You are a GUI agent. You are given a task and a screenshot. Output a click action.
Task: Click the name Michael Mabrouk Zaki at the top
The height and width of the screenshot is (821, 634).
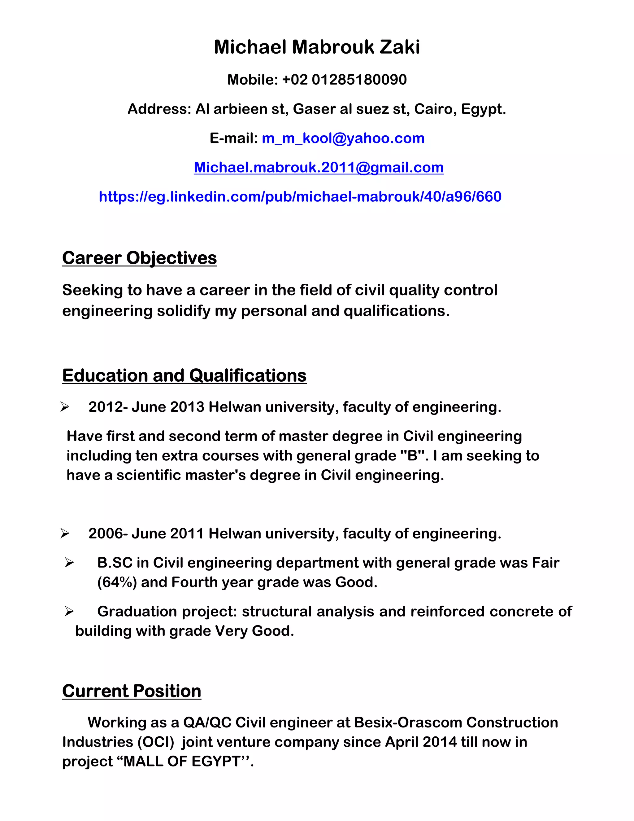pyautogui.click(x=317, y=47)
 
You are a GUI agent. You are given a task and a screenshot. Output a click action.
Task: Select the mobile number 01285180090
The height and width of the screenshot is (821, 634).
pyautogui.click(x=359, y=80)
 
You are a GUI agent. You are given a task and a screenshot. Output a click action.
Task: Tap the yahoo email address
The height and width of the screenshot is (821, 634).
pyautogui.click(x=343, y=138)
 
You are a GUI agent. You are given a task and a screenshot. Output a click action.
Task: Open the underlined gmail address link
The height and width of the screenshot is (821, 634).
pyautogui.click(x=319, y=168)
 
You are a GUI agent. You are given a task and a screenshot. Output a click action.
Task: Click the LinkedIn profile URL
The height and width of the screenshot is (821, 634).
pyautogui.click(x=300, y=197)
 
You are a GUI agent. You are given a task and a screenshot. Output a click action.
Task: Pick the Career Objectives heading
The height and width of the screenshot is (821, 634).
pyautogui.click(x=139, y=258)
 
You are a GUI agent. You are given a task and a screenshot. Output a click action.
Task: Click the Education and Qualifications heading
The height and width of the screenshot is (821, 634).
pyautogui.click(x=184, y=375)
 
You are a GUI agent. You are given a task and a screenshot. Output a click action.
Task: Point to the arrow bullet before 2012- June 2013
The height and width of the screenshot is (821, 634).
pyautogui.click(x=65, y=407)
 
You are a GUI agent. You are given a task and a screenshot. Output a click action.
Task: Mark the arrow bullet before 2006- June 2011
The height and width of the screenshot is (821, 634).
pyautogui.click(x=65, y=534)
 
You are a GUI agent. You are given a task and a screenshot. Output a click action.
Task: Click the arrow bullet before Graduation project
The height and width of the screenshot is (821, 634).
pyautogui.click(x=69, y=612)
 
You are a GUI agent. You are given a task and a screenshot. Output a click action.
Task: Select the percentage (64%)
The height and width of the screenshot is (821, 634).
pyautogui.click(x=117, y=582)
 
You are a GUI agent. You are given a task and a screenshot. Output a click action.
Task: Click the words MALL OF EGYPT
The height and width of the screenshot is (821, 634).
pyautogui.click(x=182, y=761)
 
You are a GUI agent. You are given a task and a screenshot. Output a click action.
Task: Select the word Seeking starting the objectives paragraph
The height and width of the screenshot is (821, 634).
pyautogui.click(x=92, y=290)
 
